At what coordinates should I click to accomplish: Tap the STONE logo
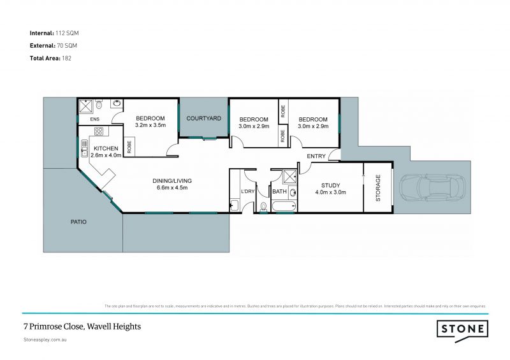[462, 329]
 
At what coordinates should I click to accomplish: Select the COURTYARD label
[203, 119]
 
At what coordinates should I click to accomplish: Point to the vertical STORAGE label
[377, 188]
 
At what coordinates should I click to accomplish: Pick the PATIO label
[79, 222]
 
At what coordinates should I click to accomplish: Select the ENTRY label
[316, 156]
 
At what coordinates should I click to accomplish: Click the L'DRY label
[247, 191]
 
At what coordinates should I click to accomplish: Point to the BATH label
[279, 191]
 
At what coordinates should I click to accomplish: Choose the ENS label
[95, 119]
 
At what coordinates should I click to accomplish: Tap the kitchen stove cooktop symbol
[99, 132]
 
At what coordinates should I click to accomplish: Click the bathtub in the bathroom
[282, 206]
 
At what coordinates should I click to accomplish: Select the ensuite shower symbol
[86, 105]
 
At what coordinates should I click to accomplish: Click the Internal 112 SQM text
[54, 32]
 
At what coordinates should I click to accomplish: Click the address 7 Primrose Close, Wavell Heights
[82, 326]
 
